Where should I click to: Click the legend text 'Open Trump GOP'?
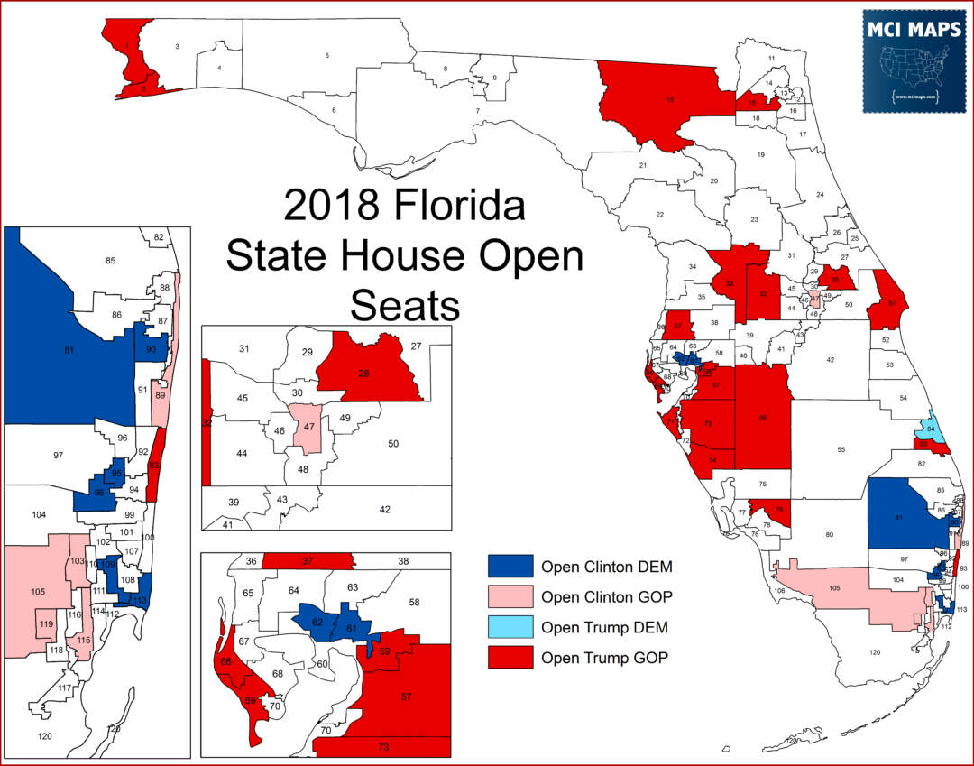[x=604, y=658]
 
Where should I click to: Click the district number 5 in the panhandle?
[x=327, y=56]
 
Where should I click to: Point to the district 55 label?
[x=841, y=449]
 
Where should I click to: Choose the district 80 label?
[x=828, y=535]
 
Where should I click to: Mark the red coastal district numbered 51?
[x=891, y=304]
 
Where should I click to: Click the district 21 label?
[x=643, y=166]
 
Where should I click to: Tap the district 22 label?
[x=660, y=215]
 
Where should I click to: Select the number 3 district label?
[x=178, y=46]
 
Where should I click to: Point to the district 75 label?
[x=761, y=485]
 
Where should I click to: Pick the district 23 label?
[x=754, y=219]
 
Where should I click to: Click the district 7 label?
[x=477, y=111]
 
